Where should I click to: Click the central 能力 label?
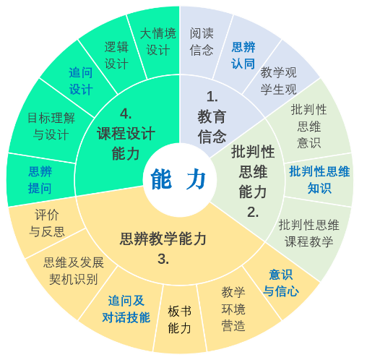pos(178,179)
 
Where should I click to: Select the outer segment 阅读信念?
pos(202,42)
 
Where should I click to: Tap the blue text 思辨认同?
pos(243,56)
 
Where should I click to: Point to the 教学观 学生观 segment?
pos(279,81)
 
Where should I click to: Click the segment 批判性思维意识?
pos(309,127)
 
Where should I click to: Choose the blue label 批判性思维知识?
pos(319,180)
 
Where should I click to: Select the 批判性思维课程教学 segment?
pos(309,233)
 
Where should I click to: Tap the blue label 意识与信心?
pos(281,283)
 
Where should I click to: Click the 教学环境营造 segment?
pos(233,309)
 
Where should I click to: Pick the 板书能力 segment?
pos(180,320)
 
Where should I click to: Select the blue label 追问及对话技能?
pos(126,309)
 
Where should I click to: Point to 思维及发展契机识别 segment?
pos(74,271)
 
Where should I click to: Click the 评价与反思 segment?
pos(47,223)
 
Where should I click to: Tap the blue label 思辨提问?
pos(40,180)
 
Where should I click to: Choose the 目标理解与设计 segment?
pos(51,127)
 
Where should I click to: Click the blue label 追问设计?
pos(81,81)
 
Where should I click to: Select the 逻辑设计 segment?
pos(116,56)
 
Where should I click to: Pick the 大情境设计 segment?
pos(158,42)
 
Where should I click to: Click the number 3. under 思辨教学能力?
pos(163,260)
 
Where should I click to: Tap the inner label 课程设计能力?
pos(126,143)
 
